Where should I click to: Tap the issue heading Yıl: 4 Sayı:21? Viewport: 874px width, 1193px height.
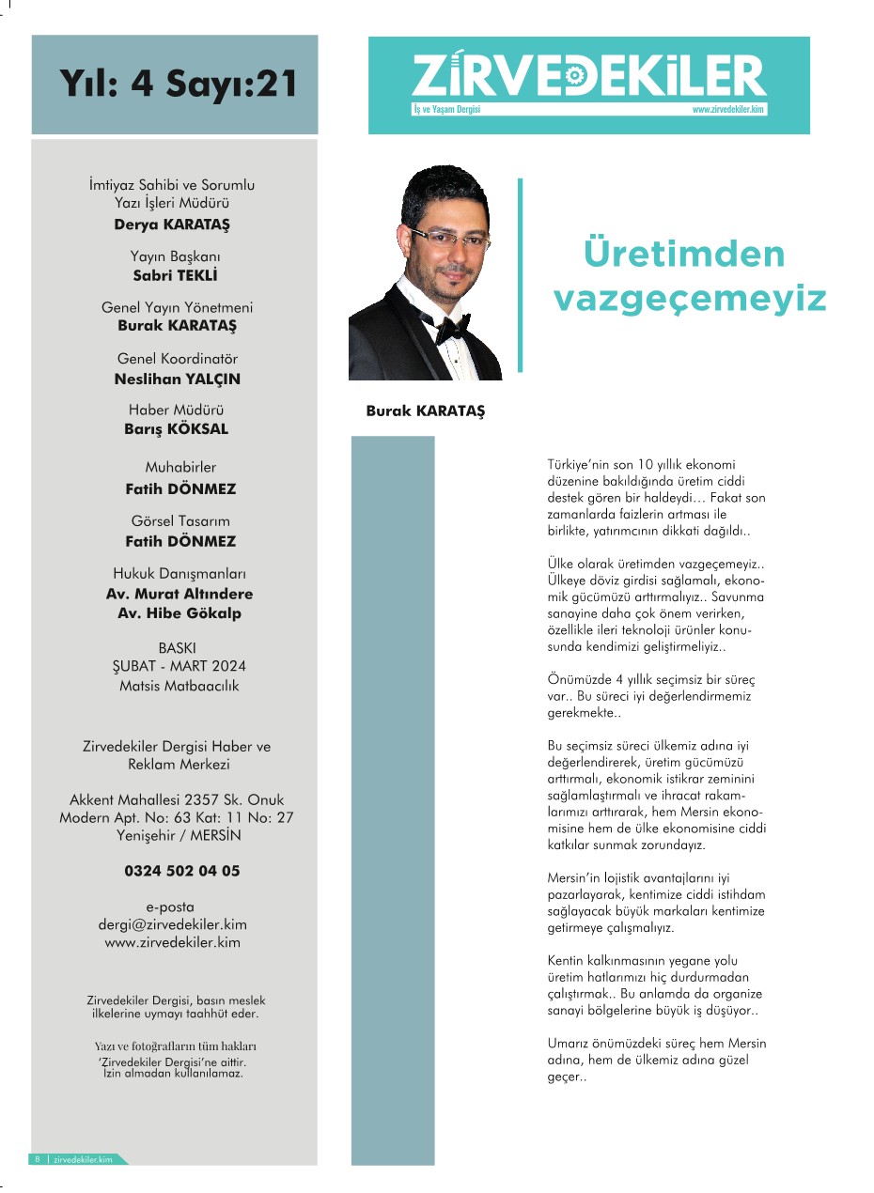(x=179, y=83)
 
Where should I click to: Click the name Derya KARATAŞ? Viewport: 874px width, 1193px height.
(x=172, y=224)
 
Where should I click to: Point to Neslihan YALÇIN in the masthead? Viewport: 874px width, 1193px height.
(x=177, y=379)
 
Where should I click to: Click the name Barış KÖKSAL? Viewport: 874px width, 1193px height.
(x=177, y=428)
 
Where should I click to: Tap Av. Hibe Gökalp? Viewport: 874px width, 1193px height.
(x=179, y=612)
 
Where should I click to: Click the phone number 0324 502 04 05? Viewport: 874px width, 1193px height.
(x=181, y=870)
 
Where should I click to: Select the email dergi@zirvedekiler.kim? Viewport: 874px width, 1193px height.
(x=173, y=924)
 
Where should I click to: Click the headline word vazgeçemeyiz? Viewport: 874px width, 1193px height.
(x=690, y=299)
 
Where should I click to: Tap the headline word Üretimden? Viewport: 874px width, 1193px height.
(x=683, y=254)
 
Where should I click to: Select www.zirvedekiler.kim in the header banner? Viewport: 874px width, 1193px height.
(x=728, y=109)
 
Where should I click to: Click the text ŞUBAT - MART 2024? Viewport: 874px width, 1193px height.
(x=179, y=666)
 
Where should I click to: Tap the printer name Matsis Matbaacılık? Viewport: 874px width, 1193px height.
(x=179, y=685)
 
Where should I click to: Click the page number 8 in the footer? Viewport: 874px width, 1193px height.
(x=37, y=1159)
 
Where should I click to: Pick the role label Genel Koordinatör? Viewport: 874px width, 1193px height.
(x=177, y=359)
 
